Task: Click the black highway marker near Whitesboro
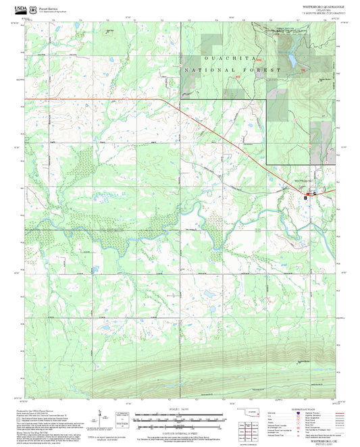point(306,197)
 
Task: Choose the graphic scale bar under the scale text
point(180,415)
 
